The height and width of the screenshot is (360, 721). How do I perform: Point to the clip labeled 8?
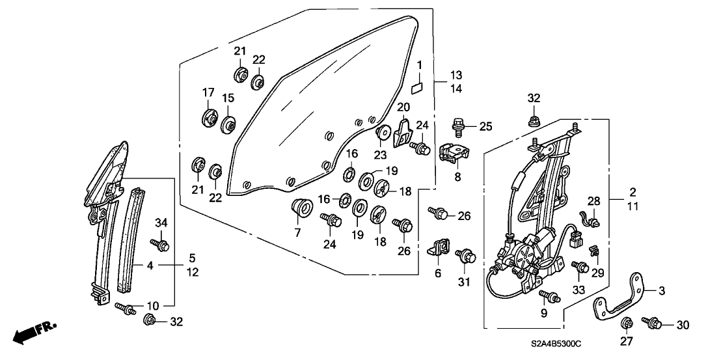click(457, 154)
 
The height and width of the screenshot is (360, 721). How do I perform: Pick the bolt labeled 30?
click(651, 322)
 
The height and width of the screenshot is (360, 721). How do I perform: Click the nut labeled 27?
click(628, 323)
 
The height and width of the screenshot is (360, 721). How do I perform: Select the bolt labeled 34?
click(160, 245)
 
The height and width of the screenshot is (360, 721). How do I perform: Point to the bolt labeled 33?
click(579, 267)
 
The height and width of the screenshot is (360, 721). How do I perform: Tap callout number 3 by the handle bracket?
click(662, 290)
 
